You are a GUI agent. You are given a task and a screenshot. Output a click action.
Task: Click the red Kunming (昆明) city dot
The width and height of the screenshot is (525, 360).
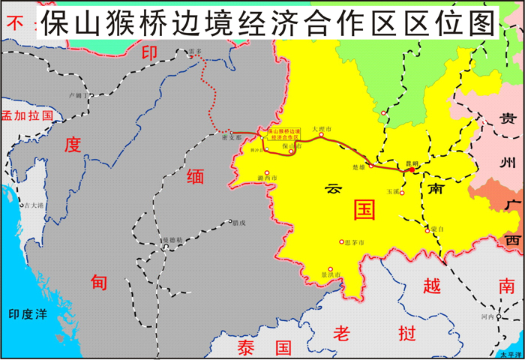tap(411, 170)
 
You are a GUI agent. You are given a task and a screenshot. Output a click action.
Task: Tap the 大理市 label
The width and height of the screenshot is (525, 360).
tap(322, 129)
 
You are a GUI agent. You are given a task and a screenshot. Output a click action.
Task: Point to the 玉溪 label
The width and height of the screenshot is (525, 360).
tap(393, 192)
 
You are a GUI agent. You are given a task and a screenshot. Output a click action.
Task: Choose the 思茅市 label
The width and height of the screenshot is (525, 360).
tap(354, 242)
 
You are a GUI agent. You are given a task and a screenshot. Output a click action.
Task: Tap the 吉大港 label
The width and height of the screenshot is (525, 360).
tap(34, 205)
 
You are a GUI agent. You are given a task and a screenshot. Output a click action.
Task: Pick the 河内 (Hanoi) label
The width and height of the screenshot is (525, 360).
tap(487, 317)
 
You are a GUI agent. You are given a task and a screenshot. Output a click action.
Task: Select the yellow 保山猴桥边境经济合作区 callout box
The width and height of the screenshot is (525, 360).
tap(283, 133)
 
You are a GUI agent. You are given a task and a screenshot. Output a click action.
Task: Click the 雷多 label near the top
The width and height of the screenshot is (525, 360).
tap(196, 52)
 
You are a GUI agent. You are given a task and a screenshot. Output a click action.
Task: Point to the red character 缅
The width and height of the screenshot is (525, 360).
tap(195, 176)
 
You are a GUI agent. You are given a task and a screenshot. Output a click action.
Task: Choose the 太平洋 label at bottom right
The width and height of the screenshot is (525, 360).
tap(511, 354)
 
